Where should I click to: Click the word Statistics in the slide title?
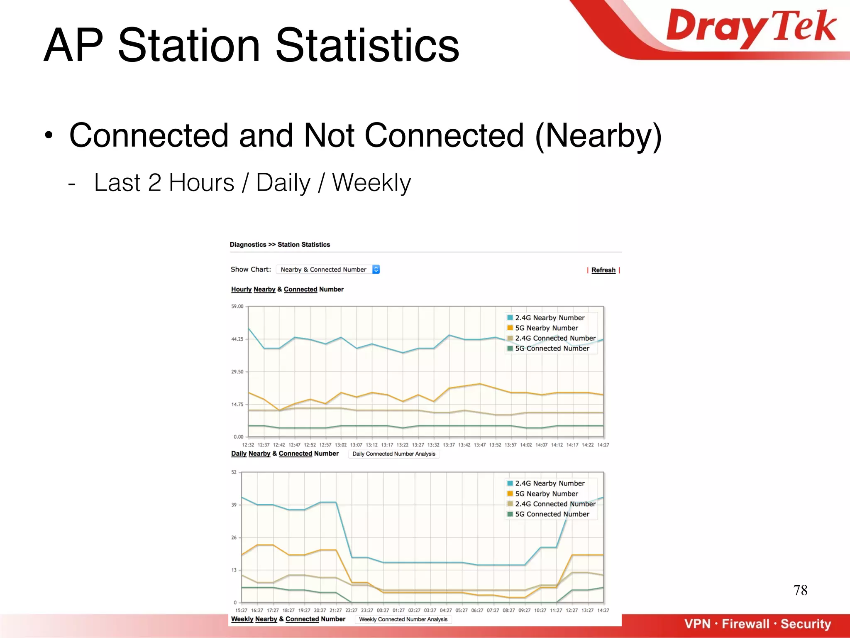pos(367,46)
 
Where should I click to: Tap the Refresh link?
pos(603,270)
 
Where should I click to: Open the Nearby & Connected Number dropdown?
pos(328,270)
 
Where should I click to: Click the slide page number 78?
pos(800,590)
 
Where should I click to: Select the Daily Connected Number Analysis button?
pos(393,454)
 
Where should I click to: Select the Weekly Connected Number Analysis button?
pos(403,619)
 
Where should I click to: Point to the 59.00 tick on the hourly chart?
pos(237,307)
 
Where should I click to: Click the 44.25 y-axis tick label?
pos(237,339)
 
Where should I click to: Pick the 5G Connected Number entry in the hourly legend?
pos(552,348)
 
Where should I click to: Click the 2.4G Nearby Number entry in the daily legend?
pos(550,483)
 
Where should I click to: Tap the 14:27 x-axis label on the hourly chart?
pos(603,445)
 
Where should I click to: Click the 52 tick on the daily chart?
pos(234,472)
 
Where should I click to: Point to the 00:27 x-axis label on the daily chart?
pos(383,611)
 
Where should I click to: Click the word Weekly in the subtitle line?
pos(371,183)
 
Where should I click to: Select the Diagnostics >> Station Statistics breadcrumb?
pos(280,245)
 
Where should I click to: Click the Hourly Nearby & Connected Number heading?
pos(287,290)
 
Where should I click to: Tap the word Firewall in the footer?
pos(745,624)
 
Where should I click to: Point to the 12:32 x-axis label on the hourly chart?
pos(248,445)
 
